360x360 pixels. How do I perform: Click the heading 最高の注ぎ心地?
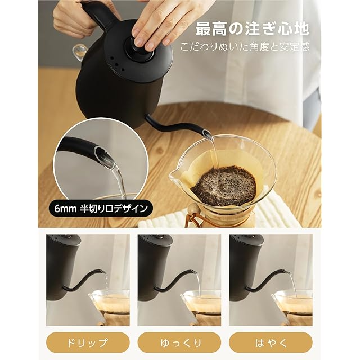click(252, 29)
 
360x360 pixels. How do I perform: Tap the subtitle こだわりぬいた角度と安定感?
click(245, 47)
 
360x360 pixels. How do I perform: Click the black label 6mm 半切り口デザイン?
click(101, 209)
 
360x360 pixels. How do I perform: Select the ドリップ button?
click(88, 343)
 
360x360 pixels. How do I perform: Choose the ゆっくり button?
click(179, 343)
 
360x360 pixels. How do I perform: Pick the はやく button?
click(271, 343)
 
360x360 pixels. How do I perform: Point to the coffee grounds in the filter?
click(224, 185)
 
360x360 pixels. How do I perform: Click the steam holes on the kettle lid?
click(116, 64)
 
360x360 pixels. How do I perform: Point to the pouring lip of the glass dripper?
click(174, 174)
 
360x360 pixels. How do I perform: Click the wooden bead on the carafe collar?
click(192, 209)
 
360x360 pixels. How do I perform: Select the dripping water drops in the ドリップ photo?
click(106, 281)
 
